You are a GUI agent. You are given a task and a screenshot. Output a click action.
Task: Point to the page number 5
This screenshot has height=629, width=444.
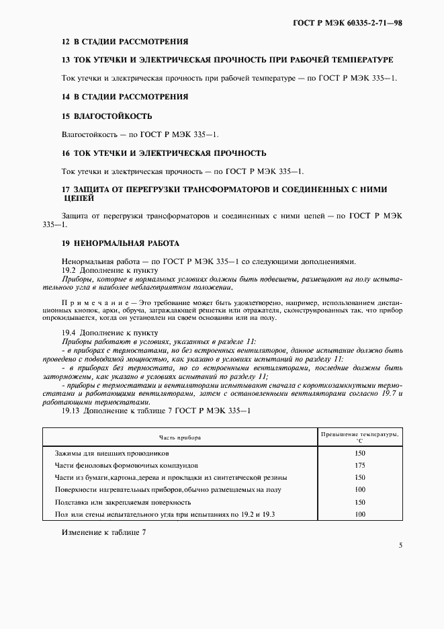[400, 546]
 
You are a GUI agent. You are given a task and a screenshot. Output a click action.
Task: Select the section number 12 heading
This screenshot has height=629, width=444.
[65, 41]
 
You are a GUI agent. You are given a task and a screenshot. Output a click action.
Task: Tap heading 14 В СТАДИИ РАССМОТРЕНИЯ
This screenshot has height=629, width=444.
[124, 97]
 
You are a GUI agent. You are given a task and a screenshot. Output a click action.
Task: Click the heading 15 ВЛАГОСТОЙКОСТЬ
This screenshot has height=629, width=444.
[106, 116]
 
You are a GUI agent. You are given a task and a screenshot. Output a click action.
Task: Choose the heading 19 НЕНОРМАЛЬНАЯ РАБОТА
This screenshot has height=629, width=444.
[120, 243]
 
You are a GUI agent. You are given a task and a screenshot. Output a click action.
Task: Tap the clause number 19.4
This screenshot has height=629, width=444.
[69, 332]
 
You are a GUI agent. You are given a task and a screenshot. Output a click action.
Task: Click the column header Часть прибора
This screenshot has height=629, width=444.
[179, 437]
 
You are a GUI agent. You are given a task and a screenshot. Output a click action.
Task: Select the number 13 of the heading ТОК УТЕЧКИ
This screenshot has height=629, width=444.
[65, 60]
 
